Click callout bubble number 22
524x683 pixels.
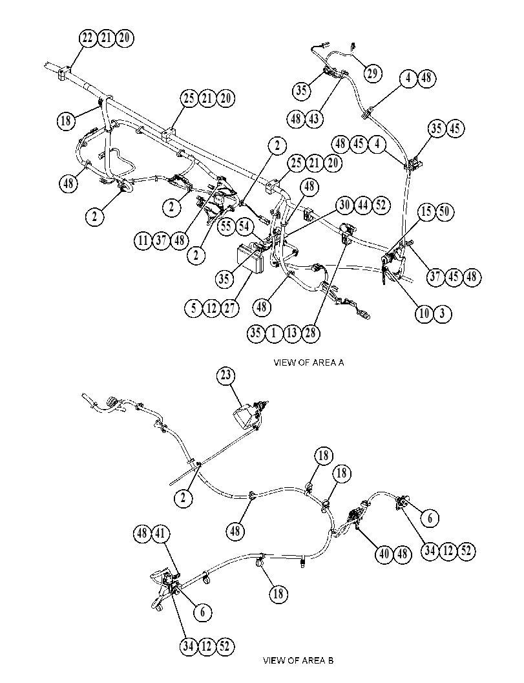point(88,38)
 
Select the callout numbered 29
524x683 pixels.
point(372,73)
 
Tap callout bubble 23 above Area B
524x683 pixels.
point(225,375)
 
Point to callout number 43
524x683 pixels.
point(314,118)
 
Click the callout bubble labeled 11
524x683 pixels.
point(143,240)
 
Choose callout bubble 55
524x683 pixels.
point(227,227)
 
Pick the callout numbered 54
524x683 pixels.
point(244,227)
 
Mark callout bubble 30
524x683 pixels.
point(345,205)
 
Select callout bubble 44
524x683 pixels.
point(363,205)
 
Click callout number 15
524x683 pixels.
point(426,212)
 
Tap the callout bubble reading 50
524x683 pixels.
point(445,212)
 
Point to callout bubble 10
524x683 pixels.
point(424,313)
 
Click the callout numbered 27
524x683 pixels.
point(230,308)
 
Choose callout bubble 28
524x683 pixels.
point(311,333)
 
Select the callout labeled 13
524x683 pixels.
point(292,333)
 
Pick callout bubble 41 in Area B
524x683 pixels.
point(160,533)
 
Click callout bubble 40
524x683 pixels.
point(384,554)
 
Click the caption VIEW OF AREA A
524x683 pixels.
point(309,363)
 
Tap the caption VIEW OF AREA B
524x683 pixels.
point(299,660)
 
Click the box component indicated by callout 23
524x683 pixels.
point(245,417)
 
